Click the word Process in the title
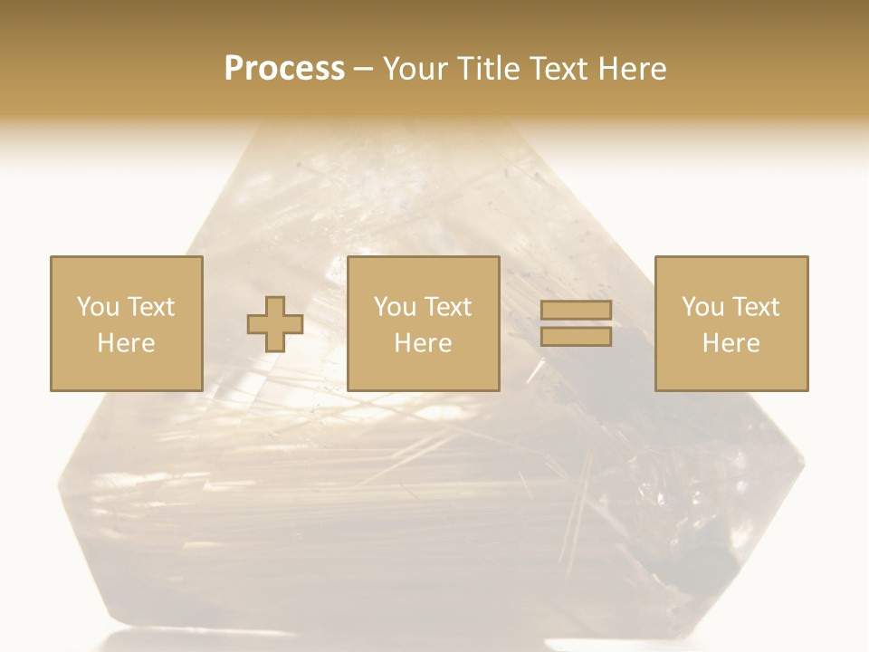pos(284,69)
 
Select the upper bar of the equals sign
pos(576,311)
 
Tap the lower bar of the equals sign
pos(576,337)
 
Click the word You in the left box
pos(98,307)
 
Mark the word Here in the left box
pos(126,343)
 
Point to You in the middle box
pos(395,307)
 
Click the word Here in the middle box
pos(423,343)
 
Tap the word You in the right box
pos(702,307)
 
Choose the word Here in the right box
pos(731,343)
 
